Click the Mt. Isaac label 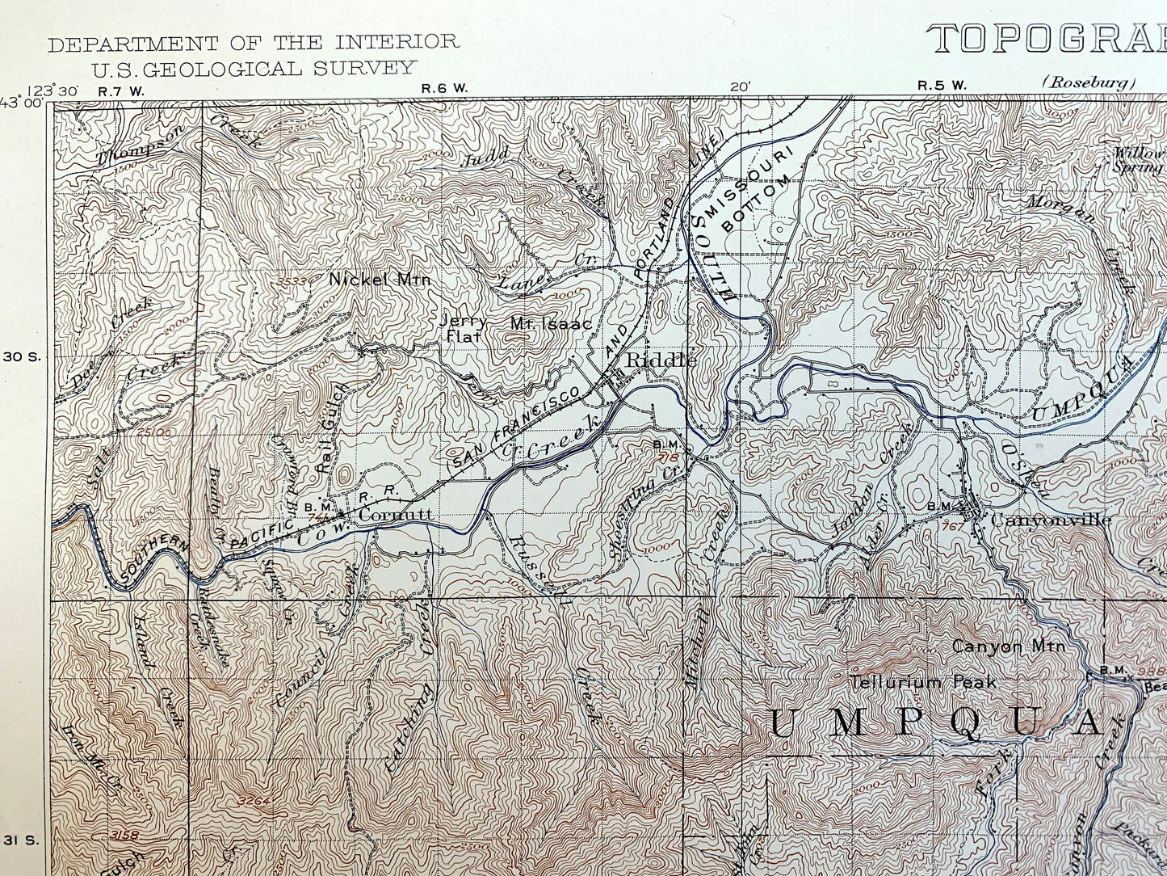tap(551, 323)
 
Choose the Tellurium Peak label tap(922, 682)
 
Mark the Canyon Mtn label tap(1009, 646)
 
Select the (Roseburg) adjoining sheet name tap(1089, 82)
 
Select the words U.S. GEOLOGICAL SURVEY tap(253, 68)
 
